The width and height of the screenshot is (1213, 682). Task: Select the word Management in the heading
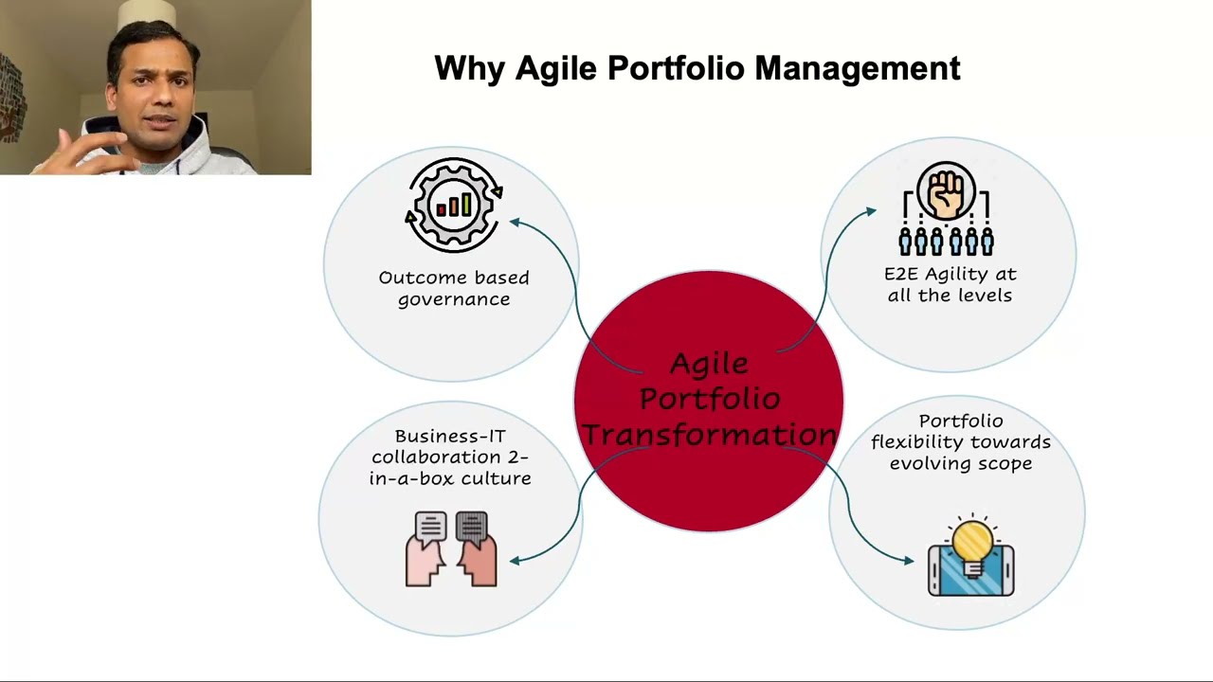(x=858, y=69)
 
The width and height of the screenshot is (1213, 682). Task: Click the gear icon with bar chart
(x=454, y=205)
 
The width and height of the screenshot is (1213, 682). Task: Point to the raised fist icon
(x=946, y=189)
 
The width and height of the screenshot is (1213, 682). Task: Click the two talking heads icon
(x=451, y=549)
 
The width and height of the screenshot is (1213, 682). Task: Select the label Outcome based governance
(x=454, y=288)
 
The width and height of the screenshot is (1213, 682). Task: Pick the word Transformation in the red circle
(x=709, y=434)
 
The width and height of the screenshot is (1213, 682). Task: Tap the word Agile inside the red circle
(x=709, y=364)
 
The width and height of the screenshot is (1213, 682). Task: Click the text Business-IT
(x=450, y=436)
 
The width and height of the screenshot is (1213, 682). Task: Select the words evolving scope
(x=960, y=463)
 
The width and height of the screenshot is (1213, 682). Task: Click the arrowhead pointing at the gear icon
(x=515, y=222)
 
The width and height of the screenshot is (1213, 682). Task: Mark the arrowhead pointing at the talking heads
(x=516, y=560)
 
